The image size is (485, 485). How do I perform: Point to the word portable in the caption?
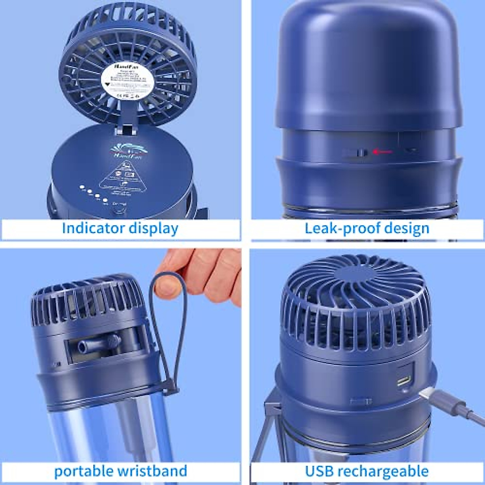pos(83,471)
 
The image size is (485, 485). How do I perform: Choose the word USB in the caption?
pos(319,471)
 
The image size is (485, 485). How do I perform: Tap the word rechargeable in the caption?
pos(383,471)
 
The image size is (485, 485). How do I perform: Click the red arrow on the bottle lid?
pos(382,152)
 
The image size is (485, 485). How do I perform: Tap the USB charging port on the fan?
pos(404,380)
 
